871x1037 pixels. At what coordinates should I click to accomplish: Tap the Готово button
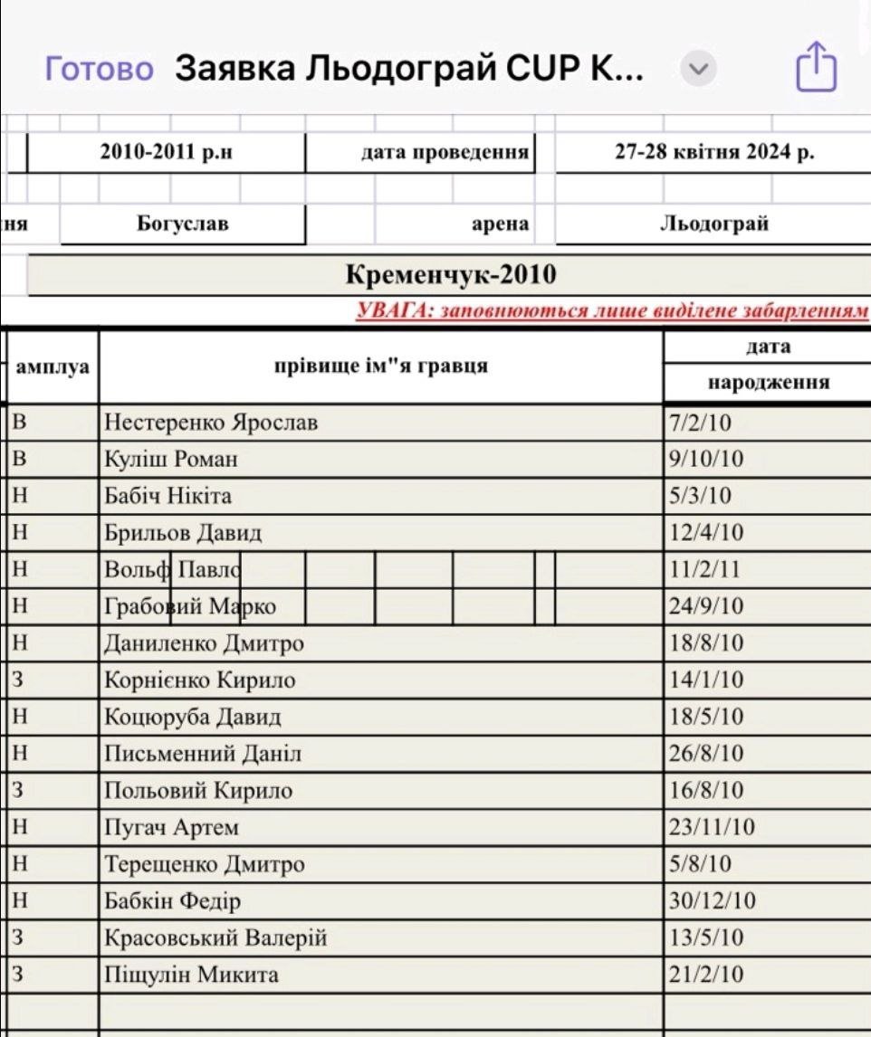100,69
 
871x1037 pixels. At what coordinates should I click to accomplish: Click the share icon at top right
815,67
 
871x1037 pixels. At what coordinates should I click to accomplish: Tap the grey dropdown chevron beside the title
697,69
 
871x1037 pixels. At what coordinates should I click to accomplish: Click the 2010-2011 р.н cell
166,152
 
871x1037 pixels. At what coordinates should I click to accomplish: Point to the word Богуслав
182,224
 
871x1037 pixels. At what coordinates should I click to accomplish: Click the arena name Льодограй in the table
713,224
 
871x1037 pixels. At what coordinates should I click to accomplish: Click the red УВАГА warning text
612,312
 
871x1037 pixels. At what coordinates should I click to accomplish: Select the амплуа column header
53,367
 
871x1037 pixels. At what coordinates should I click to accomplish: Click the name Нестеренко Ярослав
211,423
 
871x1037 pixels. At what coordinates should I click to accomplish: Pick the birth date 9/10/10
705,460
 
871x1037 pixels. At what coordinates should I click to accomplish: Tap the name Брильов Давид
183,533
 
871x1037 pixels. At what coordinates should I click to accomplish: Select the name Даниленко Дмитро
204,643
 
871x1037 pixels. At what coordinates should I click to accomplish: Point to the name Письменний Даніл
203,754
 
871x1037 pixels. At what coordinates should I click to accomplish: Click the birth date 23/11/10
711,828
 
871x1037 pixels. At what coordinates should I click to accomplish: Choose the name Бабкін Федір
173,901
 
